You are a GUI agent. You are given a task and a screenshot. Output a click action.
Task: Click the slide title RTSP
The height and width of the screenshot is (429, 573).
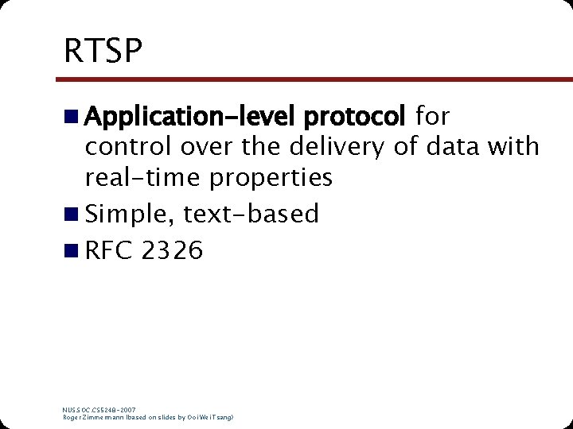coord(103,52)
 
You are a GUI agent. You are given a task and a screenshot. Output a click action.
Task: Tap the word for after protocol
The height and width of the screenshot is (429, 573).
coord(432,118)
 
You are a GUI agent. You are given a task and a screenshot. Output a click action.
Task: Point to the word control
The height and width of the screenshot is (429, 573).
coord(130,147)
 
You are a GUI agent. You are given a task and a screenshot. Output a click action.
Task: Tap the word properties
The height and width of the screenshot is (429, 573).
coord(271,178)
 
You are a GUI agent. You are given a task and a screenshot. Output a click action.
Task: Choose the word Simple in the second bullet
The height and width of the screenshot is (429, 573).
coord(129,214)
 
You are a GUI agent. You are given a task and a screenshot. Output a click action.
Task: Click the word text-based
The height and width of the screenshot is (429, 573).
coord(251,214)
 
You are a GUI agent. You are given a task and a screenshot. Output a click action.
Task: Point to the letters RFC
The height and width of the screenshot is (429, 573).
coord(109,251)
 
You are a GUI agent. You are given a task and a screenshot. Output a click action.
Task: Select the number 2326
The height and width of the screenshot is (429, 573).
coord(172,251)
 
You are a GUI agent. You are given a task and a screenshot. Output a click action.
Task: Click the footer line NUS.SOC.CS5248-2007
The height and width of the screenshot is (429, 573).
coord(99,410)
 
